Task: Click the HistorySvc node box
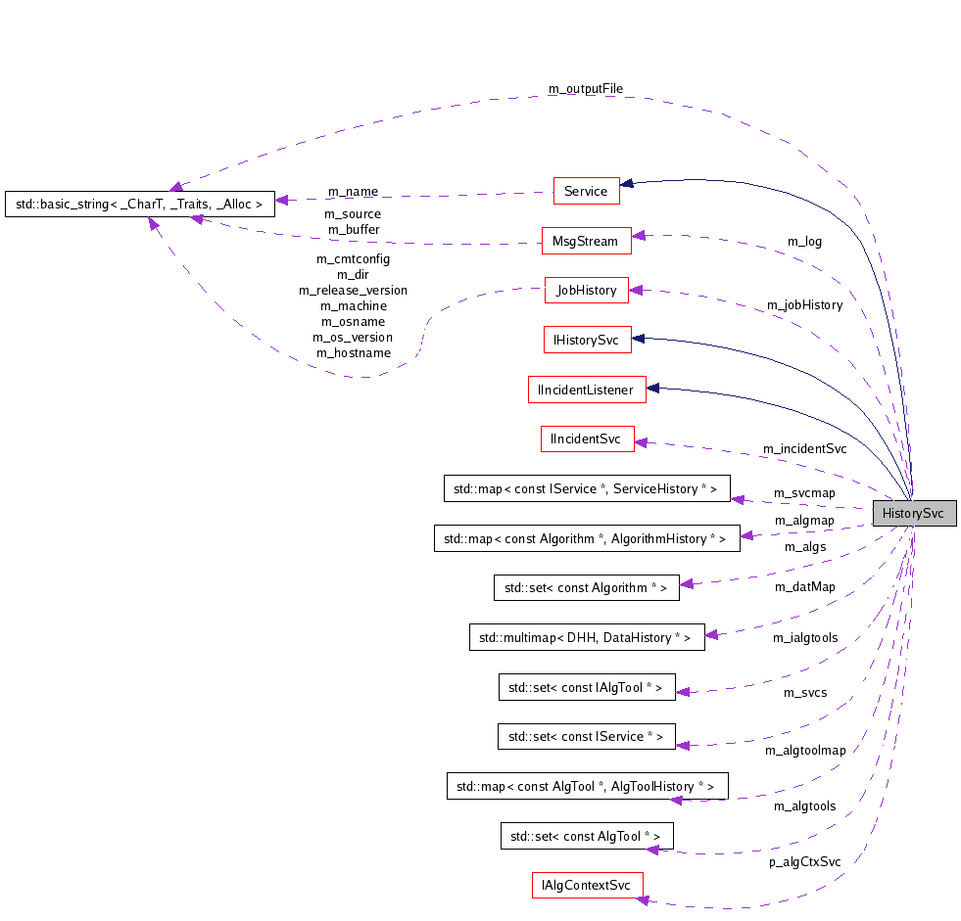coord(913,513)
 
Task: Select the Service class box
coord(586,191)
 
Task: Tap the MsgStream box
coord(586,240)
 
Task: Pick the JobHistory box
coord(586,290)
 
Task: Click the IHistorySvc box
coord(586,340)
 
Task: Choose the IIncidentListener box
coord(586,390)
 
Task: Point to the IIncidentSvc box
coord(586,438)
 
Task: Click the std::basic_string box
coord(138,205)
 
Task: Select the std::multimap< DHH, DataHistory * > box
coord(586,637)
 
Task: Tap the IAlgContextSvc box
coord(586,885)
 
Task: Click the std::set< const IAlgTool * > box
coord(586,687)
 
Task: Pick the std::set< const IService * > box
coord(586,736)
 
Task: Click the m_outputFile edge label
coord(585,89)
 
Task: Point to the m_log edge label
coord(804,241)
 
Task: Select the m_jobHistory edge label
coord(804,305)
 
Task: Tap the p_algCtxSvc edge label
coord(804,862)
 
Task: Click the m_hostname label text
coord(353,353)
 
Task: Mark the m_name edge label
coord(352,191)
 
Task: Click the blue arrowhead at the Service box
coord(627,183)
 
